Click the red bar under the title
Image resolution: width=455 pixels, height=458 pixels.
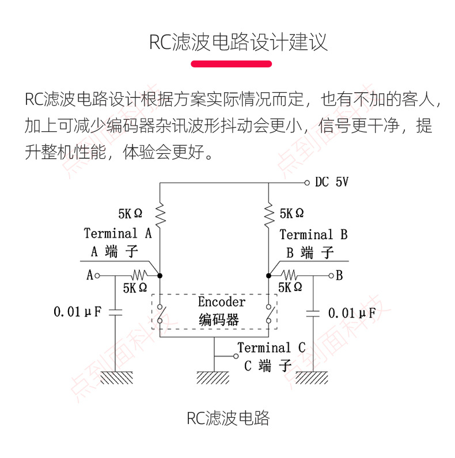pyautogui.click(x=231, y=64)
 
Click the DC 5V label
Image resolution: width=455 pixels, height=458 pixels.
pyautogui.click(x=331, y=183)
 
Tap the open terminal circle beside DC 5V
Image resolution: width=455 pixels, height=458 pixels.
pyautogui.click(x=307, y=183)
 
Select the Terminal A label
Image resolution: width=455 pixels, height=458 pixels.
pyautogui.click(x=117, y=233)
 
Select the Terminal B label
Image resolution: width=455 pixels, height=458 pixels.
pyautogui.click(x=313, y=234)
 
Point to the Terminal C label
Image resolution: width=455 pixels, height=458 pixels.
pyautogui.click(x=271, y=347)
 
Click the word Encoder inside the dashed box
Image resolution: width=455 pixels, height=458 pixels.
pyautogui.click(x=222, y=302)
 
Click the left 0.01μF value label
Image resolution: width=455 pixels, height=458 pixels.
pyautogui.click(x=77, y=312)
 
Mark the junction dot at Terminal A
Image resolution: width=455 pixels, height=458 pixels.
pyautogui.click(x=160, y=275)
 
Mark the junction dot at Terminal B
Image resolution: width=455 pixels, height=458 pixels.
pyautogui.click(x=269, y=275)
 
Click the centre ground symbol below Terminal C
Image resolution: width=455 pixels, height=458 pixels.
pyautogui.click(x=214, y=377)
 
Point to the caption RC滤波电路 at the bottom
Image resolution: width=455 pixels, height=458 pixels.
pyautogui.click(x=228, y=418)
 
